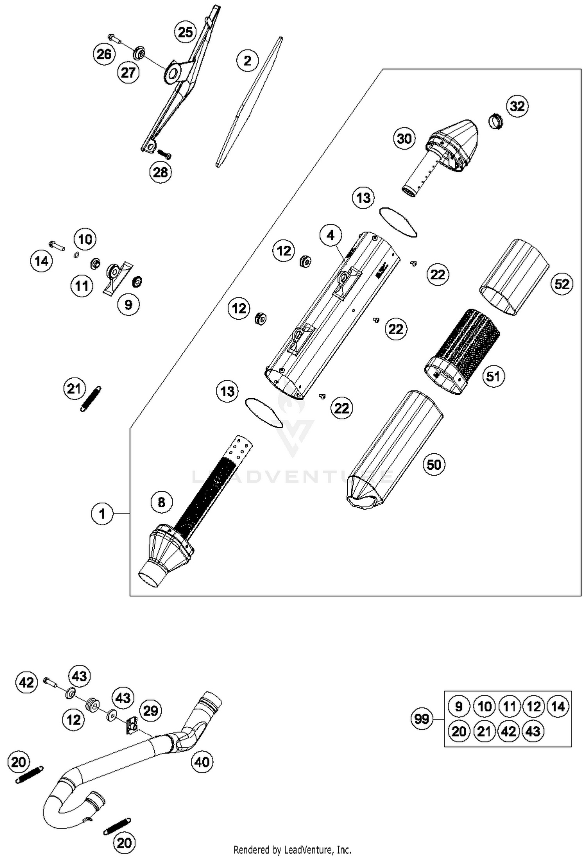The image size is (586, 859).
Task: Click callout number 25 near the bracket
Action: pyautogui.click(x=185, y=32)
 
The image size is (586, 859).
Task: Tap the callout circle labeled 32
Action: pyautogui.click(x=517, y=106)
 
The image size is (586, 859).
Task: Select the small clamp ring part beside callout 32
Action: pyautogui.click(x=496, y=121)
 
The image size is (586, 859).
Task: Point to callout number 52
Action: pyautogui.click(x=562, y=284)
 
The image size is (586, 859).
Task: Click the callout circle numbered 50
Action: pyautogui.click(x=434, y=465)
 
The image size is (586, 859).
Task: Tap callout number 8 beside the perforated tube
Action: pyautogui.click(x=161, y=502)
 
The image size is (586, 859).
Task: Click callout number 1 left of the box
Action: pyautogui.click(x=102, y=514)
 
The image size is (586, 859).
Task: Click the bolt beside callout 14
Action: pyautogui.click(x=57, y=246)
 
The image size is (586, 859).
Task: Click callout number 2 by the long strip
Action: pyautogui.click(x=247, y=61)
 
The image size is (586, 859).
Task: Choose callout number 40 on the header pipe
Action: pyautogui.click(x=202, y=761)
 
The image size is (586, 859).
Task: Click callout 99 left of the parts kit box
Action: pyautogui.click(x=422, y=719)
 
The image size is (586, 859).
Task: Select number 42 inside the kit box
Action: pyautogui.click(x=509, y=731)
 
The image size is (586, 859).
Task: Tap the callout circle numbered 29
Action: pyautogui.click(x=150, y=710)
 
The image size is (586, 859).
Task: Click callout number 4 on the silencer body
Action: pyautogui.click(x=331, y=235)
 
